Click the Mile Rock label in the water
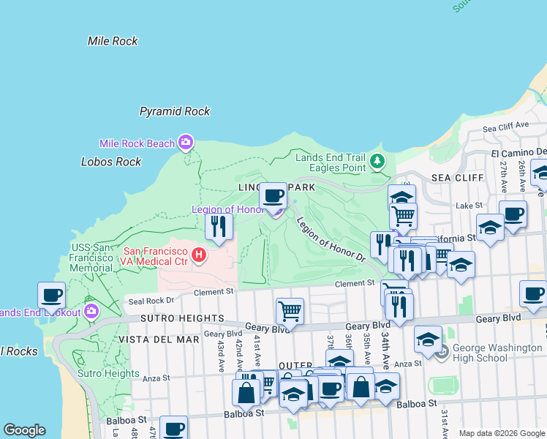coord(113,42)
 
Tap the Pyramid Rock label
coord(175,111)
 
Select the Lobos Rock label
coord(111,162)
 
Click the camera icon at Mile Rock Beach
coord(186,142)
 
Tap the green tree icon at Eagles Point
coord(377,160)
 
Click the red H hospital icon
coord(198,255)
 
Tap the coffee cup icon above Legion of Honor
coord(273,195)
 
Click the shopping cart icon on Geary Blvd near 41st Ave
coord(290,311)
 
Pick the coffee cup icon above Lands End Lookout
coord(52,296)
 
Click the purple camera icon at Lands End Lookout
coord(91,312)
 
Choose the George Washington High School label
coord(480,353)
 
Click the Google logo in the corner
coord(24,430)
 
